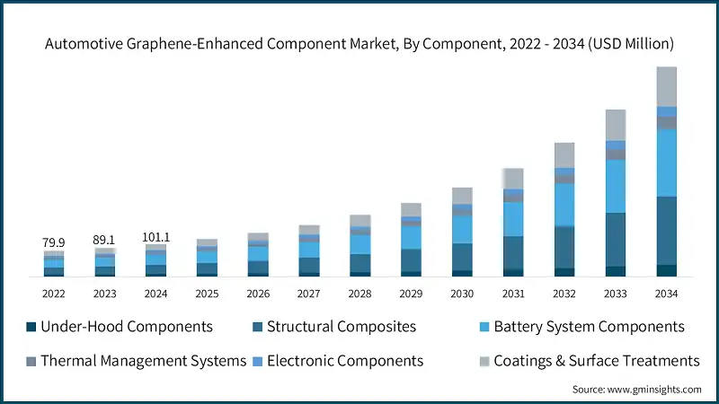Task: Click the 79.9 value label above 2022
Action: click(x=54, y=242)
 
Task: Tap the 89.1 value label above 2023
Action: click(x=105, y=240)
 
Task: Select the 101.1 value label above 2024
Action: click(x=156, y=237)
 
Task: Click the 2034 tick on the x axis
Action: click(x=666, y=294)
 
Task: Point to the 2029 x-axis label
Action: click(x=411, y=294)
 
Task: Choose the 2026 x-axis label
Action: click(x=258, y=294)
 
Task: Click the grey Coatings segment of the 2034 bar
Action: click(x=666, y=86)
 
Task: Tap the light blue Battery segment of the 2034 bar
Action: click(x=666, y=162)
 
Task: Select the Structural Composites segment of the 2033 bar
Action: click(x=615, y=239)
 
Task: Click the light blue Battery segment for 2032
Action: click(x=564, y=204)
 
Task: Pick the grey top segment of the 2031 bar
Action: click(x=513, y=178)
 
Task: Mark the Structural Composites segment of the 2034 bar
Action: click(x=666, y=230)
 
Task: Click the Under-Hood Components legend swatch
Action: click(x=31, y=327)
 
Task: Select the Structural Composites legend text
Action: click(x=342, y=327)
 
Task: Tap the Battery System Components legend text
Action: click(x=589, y=327)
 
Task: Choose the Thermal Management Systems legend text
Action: click(x=144, y=361)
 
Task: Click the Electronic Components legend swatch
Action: click(x=257, y=361)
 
